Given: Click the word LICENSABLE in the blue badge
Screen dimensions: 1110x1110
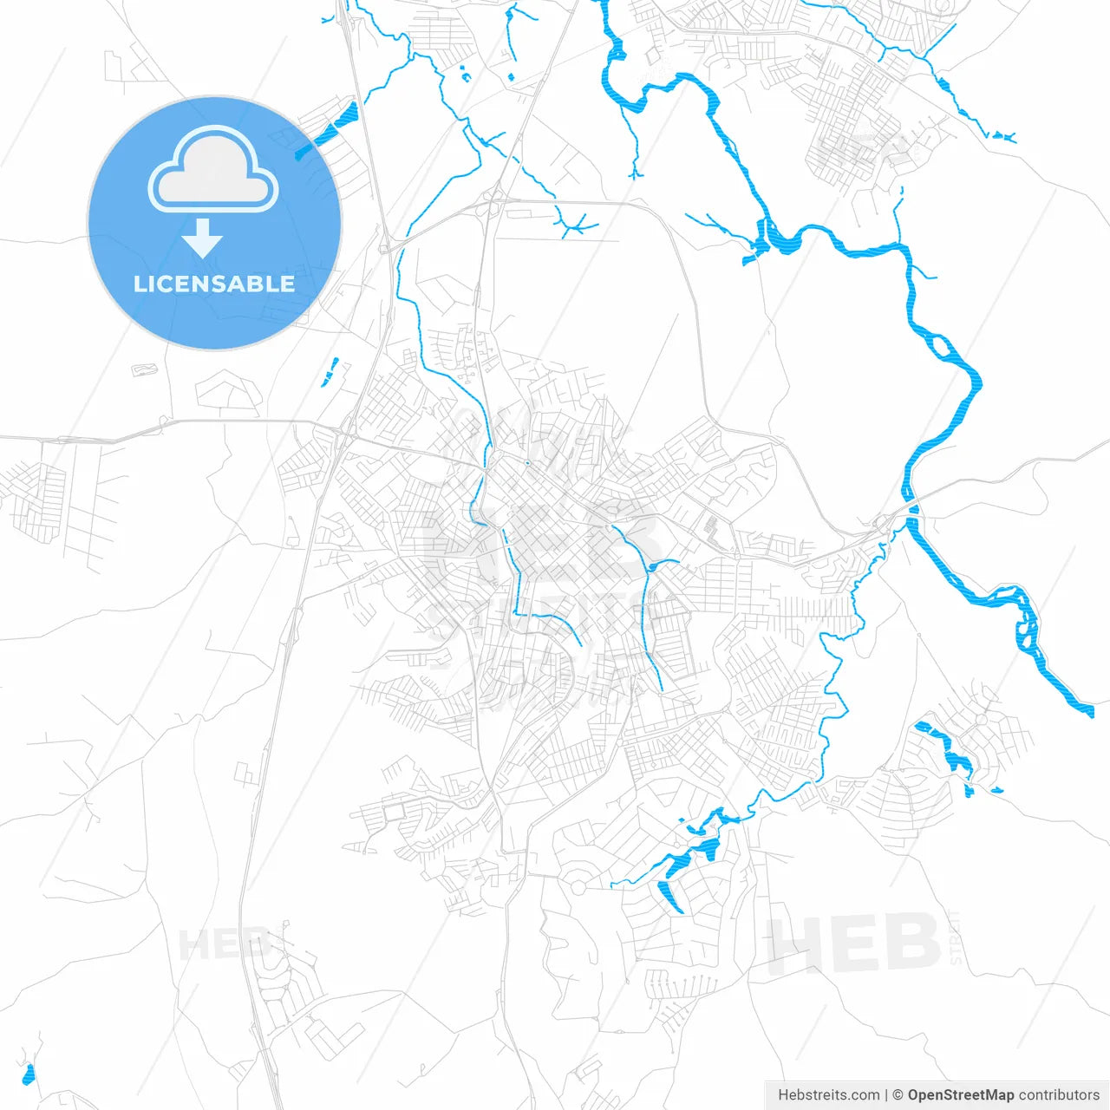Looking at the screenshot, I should [x=214, y=284].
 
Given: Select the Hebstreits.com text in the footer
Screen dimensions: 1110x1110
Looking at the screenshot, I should [x=828, y=1095].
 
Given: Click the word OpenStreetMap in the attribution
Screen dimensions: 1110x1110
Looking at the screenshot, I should [x=961, y=1095].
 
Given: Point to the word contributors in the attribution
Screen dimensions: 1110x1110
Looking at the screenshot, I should [x=1059, y=1095].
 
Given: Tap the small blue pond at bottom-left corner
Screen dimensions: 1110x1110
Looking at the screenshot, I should [x=29, y=1074].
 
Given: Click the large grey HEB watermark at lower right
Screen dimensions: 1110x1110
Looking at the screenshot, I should [x=854, y=943].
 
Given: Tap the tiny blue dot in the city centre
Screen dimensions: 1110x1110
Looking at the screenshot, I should [x=526, y=463].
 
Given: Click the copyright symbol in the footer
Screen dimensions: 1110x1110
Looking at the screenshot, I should [x=898, y=1095].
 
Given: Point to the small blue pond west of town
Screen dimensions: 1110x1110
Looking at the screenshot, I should [x=330, y=374].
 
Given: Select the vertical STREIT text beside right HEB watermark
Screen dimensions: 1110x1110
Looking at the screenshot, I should [x=956, y=937].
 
